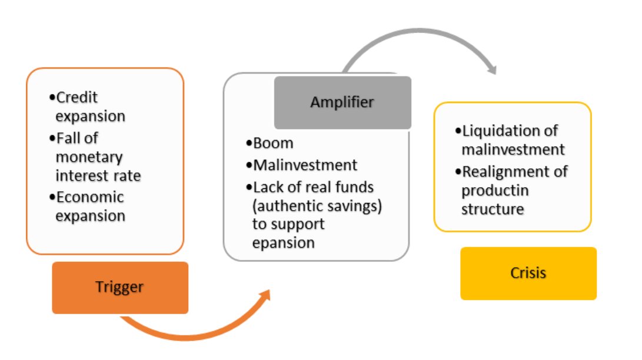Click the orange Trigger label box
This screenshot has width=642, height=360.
coord(120,287)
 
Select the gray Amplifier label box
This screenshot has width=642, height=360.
coord(342,102)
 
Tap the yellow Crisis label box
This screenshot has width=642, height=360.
coord(528,273)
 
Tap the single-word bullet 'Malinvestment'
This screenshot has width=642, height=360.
coord(305,165)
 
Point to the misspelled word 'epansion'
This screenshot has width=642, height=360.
coord(283,243)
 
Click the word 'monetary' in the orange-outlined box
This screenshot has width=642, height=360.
coord(89,157)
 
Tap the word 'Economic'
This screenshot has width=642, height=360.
coord(90,196)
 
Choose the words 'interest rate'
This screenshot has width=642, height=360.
coord(98,176)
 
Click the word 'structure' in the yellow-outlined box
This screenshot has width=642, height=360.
coord(493,209)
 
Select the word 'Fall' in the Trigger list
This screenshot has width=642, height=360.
coord(69,138)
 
